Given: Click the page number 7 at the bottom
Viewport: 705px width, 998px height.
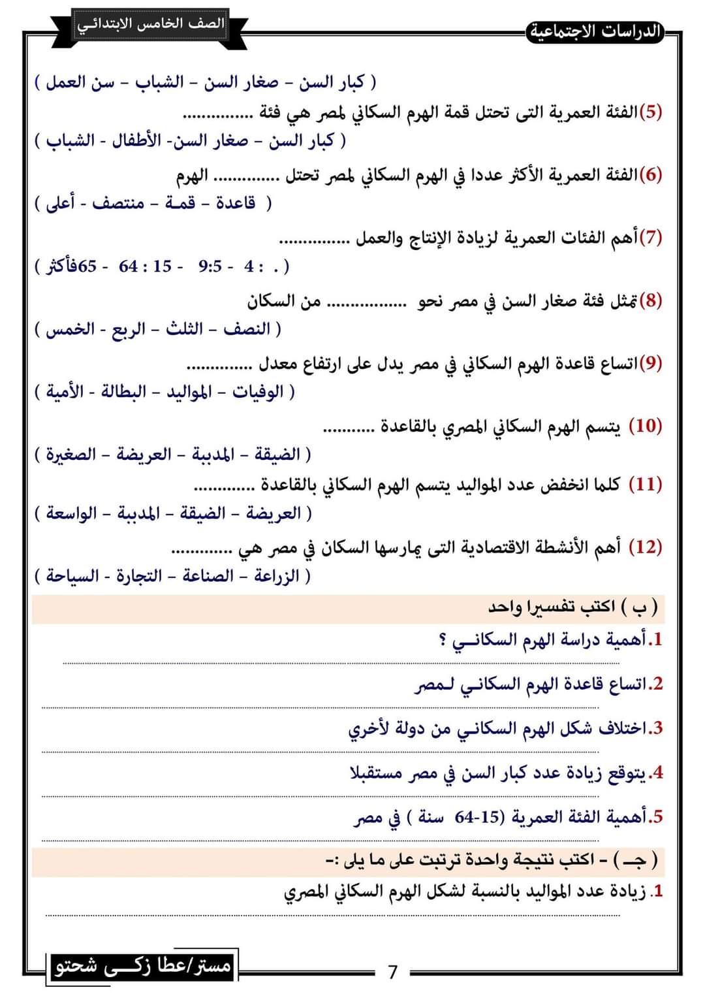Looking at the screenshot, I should (392, 972).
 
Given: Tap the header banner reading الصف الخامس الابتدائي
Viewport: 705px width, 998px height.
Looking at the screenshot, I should (151, 24).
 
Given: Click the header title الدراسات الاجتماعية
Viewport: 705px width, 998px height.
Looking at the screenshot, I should (595, 31).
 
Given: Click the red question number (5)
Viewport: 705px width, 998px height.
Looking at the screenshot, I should (650, 111).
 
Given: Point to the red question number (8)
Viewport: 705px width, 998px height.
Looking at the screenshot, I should (650, 300).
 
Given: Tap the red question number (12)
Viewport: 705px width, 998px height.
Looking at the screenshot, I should (645, 546).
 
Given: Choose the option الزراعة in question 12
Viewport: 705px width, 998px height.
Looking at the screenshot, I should (276, 575).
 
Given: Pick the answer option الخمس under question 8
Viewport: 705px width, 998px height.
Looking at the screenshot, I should (70, 329).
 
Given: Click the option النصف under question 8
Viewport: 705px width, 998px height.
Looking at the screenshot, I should (246, 329).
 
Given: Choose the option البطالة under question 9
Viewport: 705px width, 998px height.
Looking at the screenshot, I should (123, 392).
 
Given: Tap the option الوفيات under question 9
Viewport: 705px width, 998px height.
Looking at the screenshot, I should (258, 392).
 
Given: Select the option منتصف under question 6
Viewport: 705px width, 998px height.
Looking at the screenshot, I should (118, 203).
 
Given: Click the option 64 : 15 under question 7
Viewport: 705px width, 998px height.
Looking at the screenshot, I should (145, 266).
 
